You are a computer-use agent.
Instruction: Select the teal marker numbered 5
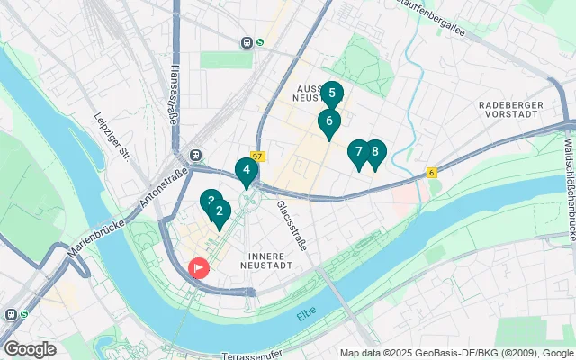331,94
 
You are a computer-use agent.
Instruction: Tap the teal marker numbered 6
329,121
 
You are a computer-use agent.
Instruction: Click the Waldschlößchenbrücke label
568,189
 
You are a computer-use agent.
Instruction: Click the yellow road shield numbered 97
258,157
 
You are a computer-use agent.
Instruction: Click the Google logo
30,348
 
